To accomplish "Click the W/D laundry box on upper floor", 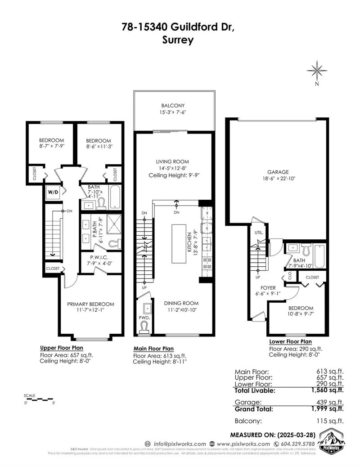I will point(52,192).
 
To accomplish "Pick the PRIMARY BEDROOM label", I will point(90,304).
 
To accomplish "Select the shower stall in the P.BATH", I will point(109,224).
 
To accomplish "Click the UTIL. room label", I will point(258,233).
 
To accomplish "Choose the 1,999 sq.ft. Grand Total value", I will point(327,409).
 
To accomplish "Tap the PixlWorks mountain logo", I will point(332,442).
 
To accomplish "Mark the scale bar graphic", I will point(40,399).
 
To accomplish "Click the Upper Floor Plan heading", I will point(61,348).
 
